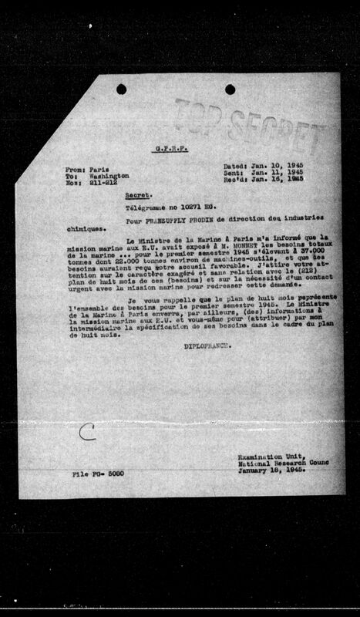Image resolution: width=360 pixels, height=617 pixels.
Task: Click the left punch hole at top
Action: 121,89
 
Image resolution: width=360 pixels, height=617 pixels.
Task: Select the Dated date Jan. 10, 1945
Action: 281,164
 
